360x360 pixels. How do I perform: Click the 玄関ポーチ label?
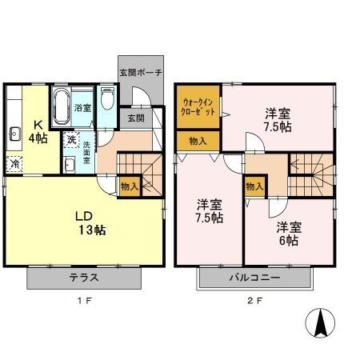click(x=141, y=73)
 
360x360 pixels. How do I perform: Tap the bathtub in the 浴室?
click(x=62, y=106)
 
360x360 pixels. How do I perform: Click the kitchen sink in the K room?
click(x=14, y=134)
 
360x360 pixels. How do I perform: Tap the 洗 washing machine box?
click(x=70, y=142)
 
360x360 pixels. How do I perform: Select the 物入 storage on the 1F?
click(x=129, y=185)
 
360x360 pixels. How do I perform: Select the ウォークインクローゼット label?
click(x=198, y=106)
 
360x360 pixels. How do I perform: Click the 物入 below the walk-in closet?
click(x=198, y=141)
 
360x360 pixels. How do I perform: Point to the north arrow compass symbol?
click(x=322, y=322)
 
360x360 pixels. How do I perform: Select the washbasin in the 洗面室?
click(x=70, y=164)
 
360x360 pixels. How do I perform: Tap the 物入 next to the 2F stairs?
click(x=255, y=187)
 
